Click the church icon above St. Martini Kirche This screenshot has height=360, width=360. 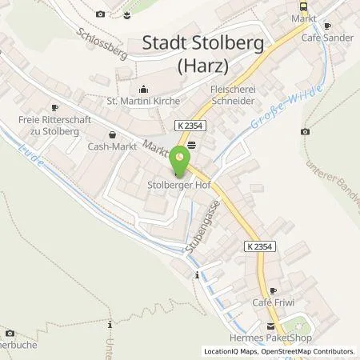pyautogui.click(x=143, y=89)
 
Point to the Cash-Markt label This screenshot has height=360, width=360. pyautogui.click(x=110, y=147)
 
